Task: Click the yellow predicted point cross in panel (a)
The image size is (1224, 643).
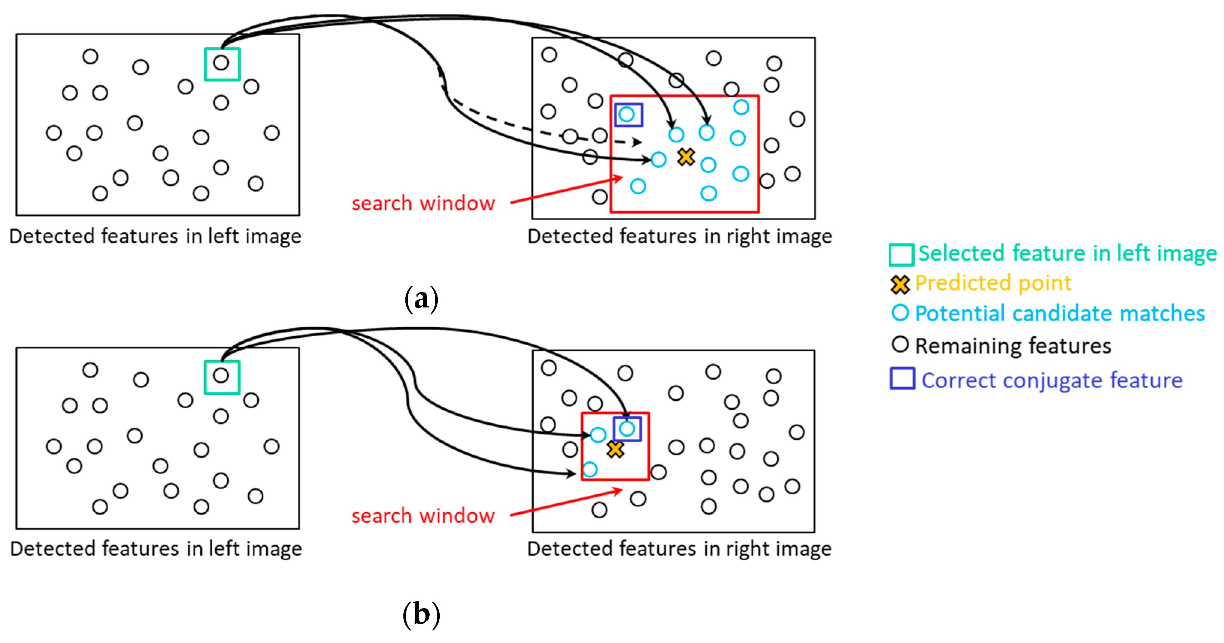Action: pyautogui.click(x=686, y=157)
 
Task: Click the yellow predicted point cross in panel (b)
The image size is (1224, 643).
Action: pyautogui.click(x=615, y=449)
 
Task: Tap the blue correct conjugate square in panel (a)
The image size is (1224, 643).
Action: pyautogui.click(x=628, y=115)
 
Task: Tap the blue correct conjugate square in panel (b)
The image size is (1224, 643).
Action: pyautogui.click(x=627, y=429)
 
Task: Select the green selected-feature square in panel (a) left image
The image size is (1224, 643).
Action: pyautogui.click(x=222, y=64)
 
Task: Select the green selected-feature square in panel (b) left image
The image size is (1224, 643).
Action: pyautogui.click(x=222, y=377)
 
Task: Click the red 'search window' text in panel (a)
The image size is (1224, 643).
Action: pyautogui.click(x=423, y=203)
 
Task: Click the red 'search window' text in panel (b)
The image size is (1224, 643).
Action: pyautogui.click(x=423, y=516)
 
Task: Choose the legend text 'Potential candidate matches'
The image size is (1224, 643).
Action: pyautogui.click(x=1060, y=314)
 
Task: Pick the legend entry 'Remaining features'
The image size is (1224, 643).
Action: pyautogui.click(x=1012, y=346)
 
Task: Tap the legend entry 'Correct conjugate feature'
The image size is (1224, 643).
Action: pyautogui.click(x=1051, y=380)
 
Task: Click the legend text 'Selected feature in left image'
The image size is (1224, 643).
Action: pyautogui.click(x=1067, y=253)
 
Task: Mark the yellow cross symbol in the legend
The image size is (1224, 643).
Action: pyautogui.click(x=900, y=285)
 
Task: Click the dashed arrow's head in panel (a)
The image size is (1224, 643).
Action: pyautogui.click(x=638, y=142)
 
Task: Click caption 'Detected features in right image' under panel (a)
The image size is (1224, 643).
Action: pyautogui.click(x=679, y=236)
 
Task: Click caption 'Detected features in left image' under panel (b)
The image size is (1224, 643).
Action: pyautogui.click(x=156, y=549)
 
